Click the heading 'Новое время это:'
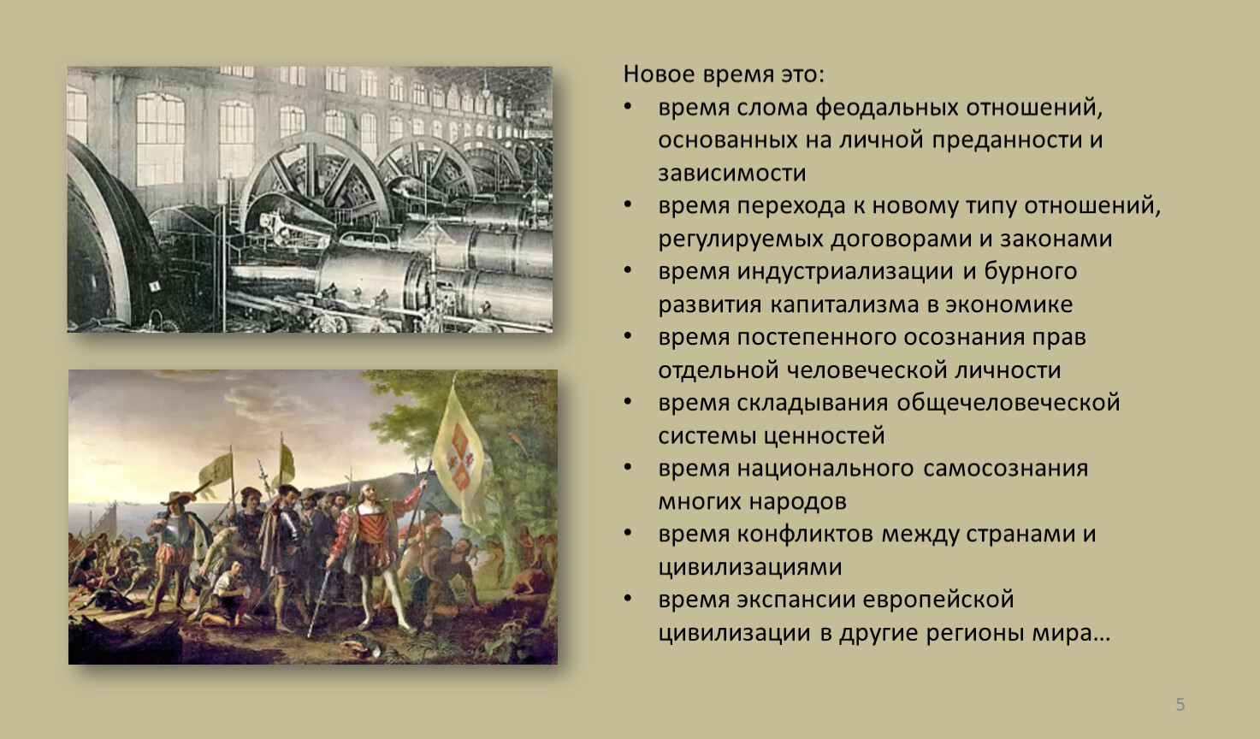pos(724,74)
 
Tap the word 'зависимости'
pos(732,173)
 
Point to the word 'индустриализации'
pos(845,272)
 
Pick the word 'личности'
pos(1005,370)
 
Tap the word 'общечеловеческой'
pos(1008,403)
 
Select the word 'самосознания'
pos(1005,469)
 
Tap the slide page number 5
pos(1180,704)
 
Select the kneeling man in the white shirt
pos(227,594)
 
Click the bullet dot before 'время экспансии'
pos(628,598)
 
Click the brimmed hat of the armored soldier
pos(179,497)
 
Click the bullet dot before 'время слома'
pos(628,106)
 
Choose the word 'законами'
pos(1056,239)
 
